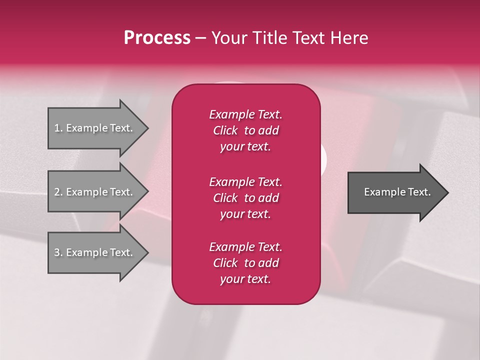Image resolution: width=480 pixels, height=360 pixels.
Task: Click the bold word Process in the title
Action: click(157, 38)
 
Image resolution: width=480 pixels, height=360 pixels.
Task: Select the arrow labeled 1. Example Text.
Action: click(95, 128)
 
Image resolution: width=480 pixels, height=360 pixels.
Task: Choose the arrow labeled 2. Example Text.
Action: click(95, 192)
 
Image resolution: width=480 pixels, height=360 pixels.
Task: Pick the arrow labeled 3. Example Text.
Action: click(95, 252)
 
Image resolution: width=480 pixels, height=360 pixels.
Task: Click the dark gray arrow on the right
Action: click(395, 192)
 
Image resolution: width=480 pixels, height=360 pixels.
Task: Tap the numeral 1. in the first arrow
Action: click(58, 128)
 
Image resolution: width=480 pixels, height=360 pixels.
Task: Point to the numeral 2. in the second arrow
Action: click(58, 192)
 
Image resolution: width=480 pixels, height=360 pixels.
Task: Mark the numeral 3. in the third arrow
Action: click(58, 252)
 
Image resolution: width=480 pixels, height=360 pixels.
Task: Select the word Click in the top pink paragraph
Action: click(225, 131)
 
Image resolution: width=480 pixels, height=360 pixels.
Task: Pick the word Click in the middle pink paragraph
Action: click(225, 198)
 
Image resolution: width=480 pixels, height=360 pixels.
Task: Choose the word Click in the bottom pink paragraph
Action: click(225, 263)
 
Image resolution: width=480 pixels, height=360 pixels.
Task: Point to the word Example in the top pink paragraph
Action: click(231, 114)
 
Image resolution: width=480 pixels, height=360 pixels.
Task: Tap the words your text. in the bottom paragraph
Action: click(245, 279)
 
